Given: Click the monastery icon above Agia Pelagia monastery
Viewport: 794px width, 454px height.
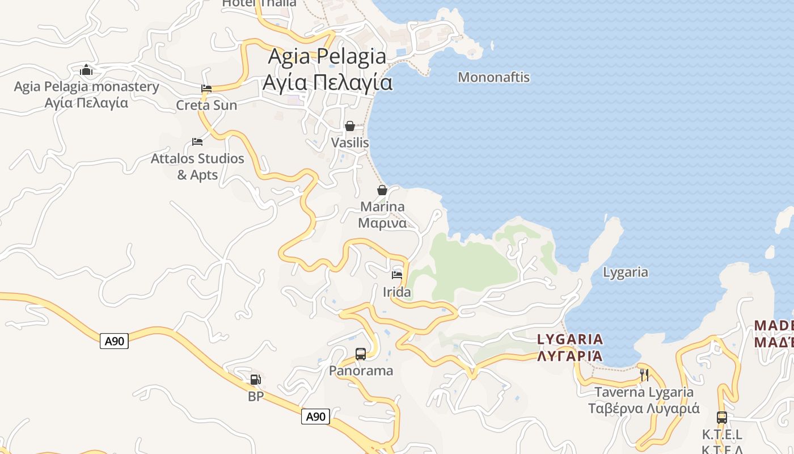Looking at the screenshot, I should click(86, 70).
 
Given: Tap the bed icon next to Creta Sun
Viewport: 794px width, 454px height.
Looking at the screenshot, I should click(206, 89).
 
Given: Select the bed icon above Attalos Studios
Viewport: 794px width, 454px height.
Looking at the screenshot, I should click(197, 141).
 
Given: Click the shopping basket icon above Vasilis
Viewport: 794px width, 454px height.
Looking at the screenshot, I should click(350, 125).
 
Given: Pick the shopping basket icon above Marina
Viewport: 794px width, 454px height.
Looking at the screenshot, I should click(382, 190).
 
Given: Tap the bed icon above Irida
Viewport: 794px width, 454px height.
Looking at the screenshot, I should click(397, 275).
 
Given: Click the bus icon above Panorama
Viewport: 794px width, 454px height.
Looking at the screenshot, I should click(361, 354).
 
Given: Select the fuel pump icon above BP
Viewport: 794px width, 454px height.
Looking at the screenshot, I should click(256, 379).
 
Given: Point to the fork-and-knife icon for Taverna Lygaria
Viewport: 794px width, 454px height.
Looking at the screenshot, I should click(644, 375).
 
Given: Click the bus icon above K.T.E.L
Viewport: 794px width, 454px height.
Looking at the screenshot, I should click(721, 418).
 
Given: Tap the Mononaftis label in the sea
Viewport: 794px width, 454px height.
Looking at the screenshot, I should click(493, 77).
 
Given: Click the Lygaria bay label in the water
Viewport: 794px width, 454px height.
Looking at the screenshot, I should click(625, 272).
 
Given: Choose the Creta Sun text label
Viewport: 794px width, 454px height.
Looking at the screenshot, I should click(206, 106).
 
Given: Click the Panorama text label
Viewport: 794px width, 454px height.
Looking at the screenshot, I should click(361, 371).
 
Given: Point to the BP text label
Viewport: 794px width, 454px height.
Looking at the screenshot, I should click(256, 397).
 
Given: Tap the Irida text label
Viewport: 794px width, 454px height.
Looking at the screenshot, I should click(397, 293).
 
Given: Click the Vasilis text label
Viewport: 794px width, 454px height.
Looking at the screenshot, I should click(350, 143).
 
